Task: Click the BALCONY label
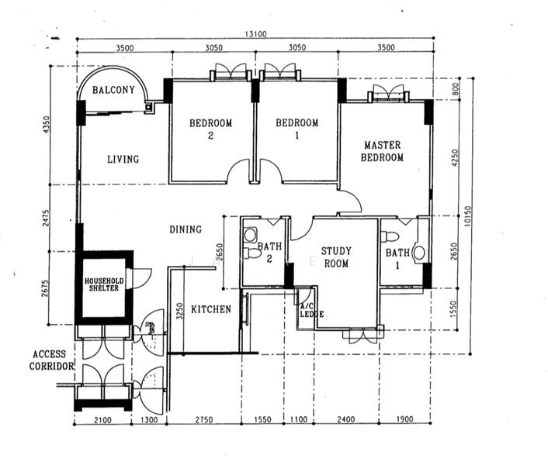[x=113, y=90]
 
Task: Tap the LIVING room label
[x=123, y=160]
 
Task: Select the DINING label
[x=186, y=229]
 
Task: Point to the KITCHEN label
[x=211, y=309]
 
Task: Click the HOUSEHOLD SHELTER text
[x=104, y=284]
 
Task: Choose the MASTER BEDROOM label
[x=383, y=151]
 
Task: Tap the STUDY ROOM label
[x=336, y=257]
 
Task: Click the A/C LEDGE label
[x=312, y=310]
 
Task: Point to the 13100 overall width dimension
[x=255, y=34]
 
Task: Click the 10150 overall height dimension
[x=468, y=216]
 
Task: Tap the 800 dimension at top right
[x=455, y=89]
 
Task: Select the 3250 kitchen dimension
[x=179, y=312]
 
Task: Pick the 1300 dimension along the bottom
[x=149, y=419]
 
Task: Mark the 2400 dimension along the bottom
[x=346, y=419]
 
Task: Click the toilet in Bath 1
[x=390, y=236]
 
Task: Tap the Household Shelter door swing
[x=142, y=278]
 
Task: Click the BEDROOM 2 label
[x=211, y=129]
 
